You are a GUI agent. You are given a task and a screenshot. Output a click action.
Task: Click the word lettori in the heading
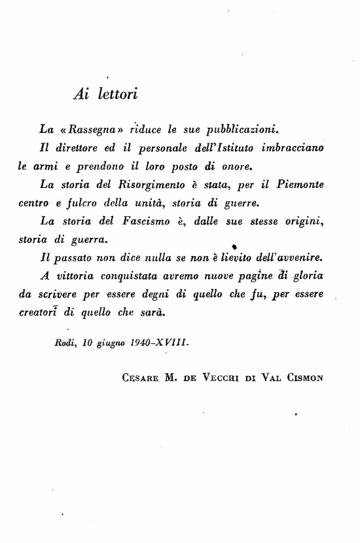tap(117, 94)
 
